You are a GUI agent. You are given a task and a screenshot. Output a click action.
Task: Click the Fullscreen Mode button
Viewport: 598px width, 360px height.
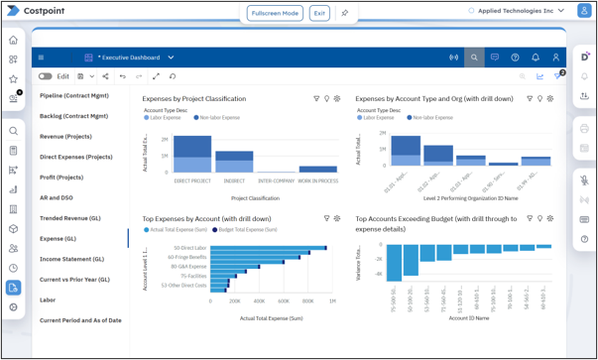click(275, 13)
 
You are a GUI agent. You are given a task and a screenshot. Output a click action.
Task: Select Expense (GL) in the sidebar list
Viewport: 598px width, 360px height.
click(58, 238)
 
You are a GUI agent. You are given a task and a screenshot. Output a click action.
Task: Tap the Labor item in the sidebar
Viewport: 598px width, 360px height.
click(48, 300)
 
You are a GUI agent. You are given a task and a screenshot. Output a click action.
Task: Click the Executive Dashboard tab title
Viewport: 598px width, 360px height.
click(128, 58)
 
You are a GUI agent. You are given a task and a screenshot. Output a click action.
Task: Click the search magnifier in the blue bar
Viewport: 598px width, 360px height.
click(474, 58)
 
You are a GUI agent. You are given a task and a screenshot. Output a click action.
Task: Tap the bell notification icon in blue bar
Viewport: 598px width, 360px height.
click(536, 58)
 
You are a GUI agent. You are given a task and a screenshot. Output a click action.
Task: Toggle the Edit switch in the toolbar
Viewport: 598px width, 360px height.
click(46, 76)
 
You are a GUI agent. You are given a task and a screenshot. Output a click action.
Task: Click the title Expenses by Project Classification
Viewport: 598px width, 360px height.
click(193, 99)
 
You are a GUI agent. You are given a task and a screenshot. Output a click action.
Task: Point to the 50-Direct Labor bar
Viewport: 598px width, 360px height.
click(254, 248)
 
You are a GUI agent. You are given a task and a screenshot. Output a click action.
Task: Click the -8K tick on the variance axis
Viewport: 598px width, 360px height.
click(378, 274)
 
